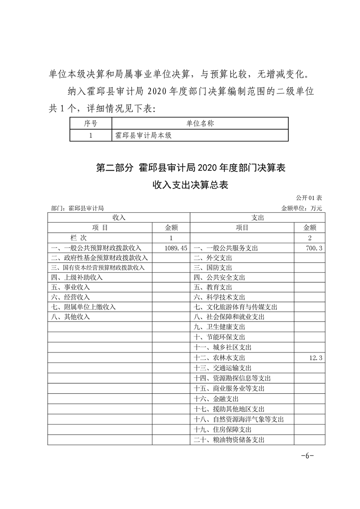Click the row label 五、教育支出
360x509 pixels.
coord(213,288)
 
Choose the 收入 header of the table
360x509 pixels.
coord(118,218)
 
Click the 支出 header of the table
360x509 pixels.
coord(256,218)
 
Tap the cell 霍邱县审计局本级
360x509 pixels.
coord(143,135)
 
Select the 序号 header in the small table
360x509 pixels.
coord(91,123)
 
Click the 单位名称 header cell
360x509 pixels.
coord(200,123)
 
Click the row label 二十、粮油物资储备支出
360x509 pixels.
coord(229,440)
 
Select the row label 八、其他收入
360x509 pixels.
coord(71,317)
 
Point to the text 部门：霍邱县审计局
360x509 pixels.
coord(78,208)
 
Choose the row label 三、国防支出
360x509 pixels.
coord(213,268)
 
